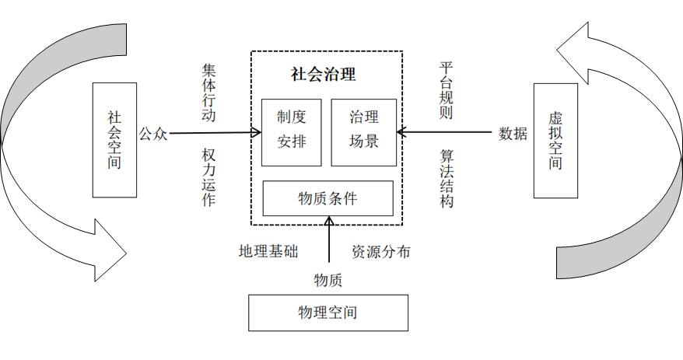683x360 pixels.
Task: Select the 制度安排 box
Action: point(292,132)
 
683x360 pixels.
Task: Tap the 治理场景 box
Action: point(363,132)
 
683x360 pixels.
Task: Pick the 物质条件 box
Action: point(327,198)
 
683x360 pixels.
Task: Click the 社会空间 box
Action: point(114,140)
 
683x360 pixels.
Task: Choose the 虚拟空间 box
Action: point(555,140)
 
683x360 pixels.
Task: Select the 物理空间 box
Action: point(327,313)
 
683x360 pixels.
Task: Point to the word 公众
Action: point(153,134)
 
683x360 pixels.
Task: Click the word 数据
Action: point(513,133)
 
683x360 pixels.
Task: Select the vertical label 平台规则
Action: point(446,89)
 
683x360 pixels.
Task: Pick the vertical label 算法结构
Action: point(447,178)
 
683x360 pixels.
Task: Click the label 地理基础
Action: point(268,252)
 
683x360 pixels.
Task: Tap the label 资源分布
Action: point(381,252)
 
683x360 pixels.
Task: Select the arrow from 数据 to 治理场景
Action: point(443,131)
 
